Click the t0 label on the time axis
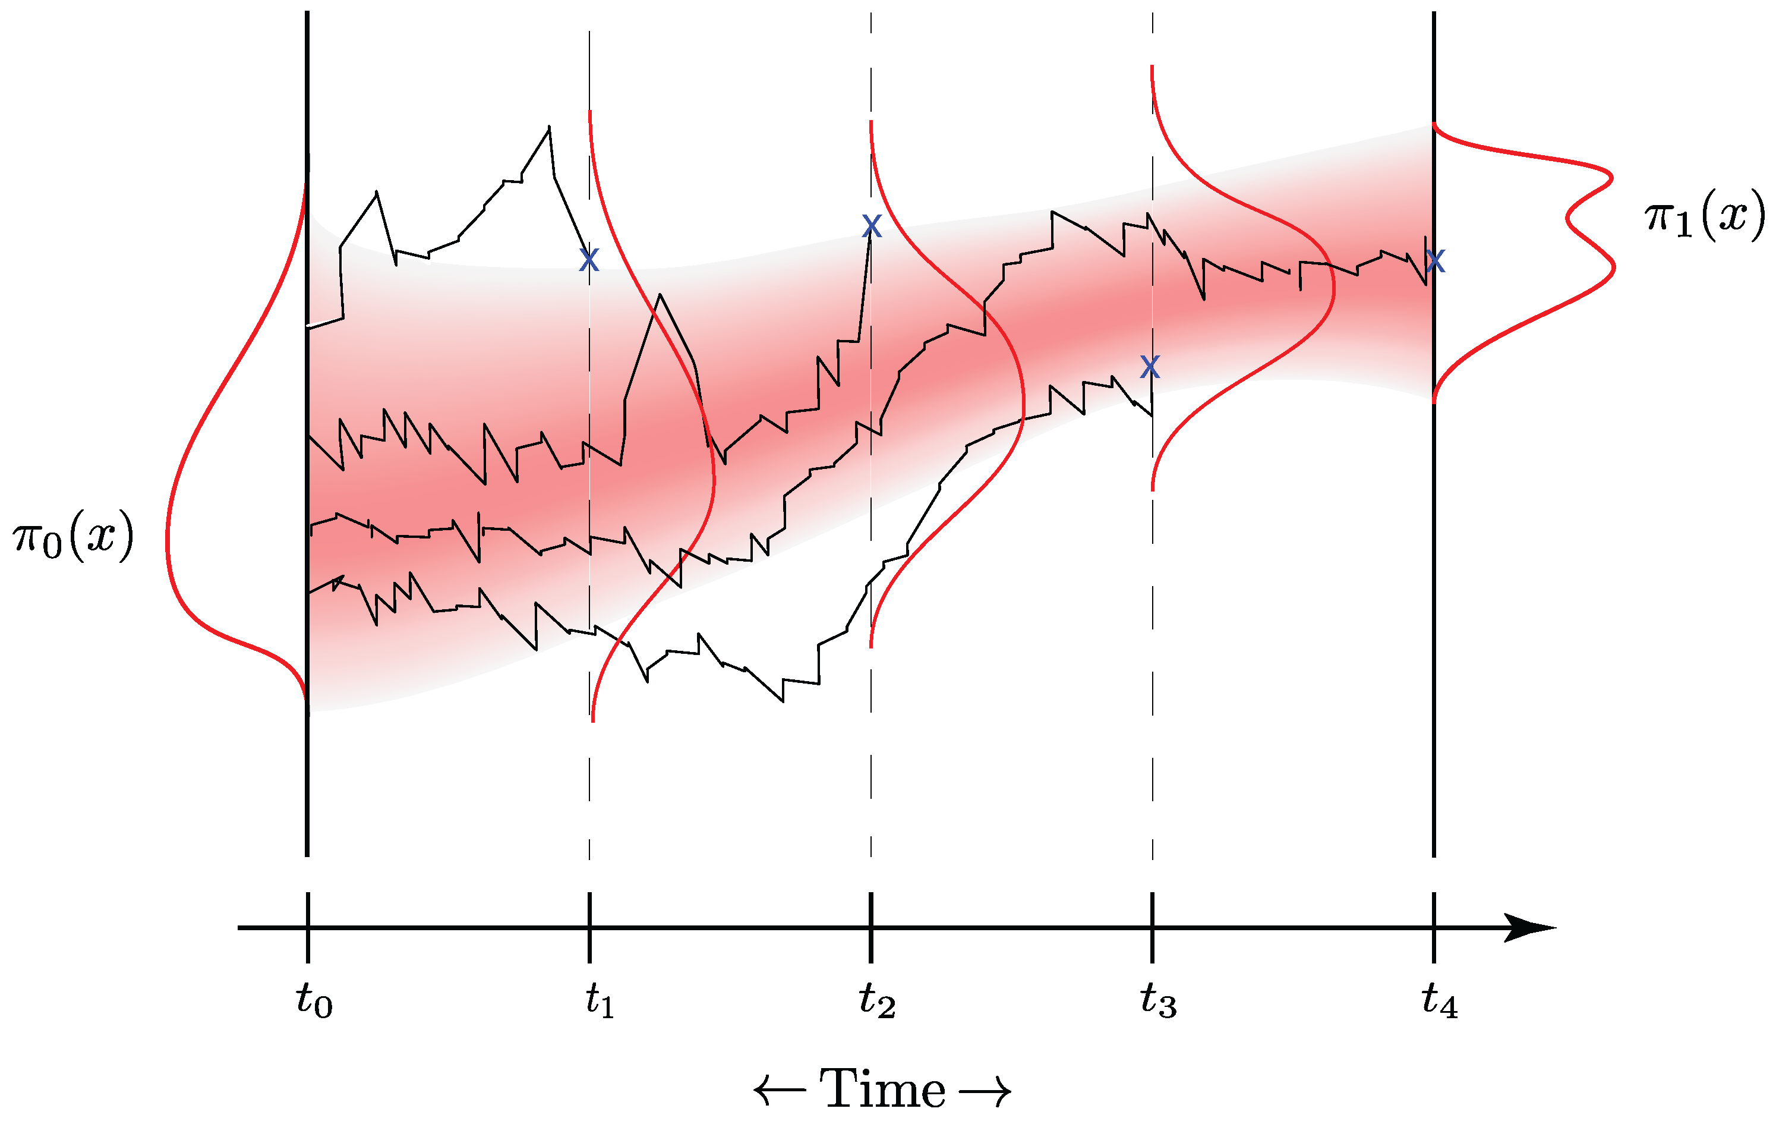[x=314, y=1002]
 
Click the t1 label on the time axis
[x=600, y=1002]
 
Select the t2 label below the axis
[x=877, y=1002]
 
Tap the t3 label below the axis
[x=1158, y=1002]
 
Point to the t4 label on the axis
[x=1440, y=1002]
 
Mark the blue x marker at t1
[x=589, y=260]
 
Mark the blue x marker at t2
[x=871, y=226]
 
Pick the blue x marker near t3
[x=1150, y=366]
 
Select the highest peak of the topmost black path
[x=549, y=127]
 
